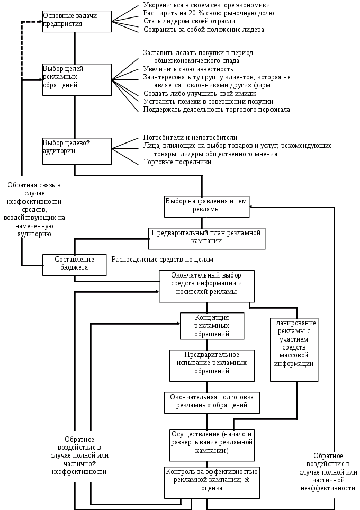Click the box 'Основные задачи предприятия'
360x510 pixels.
tap(77, 22)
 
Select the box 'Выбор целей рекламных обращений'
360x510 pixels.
tap(77, 79)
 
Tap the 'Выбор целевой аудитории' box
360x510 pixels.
tap(77, 150)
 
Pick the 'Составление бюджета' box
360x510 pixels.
tap(75, 264)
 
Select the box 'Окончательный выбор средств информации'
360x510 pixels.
tap(207, 287)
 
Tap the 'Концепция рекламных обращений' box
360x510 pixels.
tap(212, 326)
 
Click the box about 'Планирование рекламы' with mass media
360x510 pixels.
tap(294, 350)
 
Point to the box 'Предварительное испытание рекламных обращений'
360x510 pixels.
tap(212, 365)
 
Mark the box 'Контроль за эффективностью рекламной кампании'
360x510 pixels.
tap(212, 482)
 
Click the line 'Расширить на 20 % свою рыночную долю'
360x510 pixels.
tap(209, 13)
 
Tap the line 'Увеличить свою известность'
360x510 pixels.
tap(188, 69)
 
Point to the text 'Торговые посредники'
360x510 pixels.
tap(177, 162)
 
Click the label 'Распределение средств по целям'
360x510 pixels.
tap(162, 260)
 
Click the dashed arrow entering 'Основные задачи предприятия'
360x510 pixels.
tap(32, 22)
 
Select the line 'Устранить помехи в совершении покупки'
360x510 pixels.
tap(208, 101)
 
